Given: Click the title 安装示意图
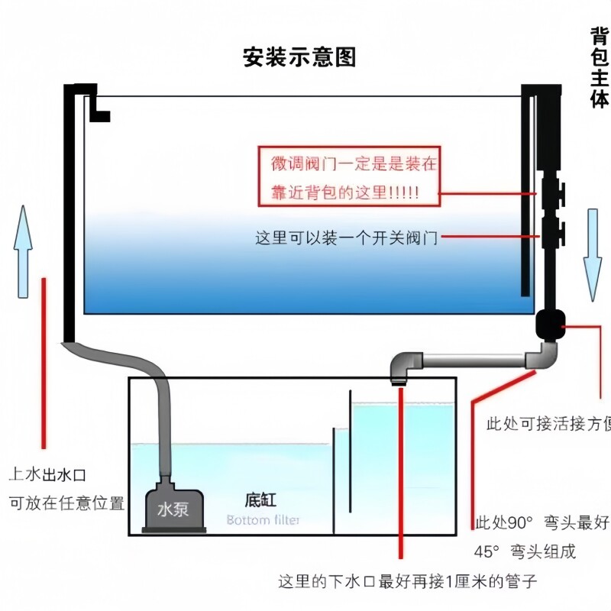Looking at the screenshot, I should click(x=299, y=57).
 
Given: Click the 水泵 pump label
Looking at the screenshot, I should click(x=173, y=509).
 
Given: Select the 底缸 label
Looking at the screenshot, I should click(x=260, y=501).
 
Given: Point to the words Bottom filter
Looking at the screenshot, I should click(x=263, y=521).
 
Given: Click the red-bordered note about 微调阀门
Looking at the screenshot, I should click(x=350, y=177).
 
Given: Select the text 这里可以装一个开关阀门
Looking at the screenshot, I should click(x=346, y=238).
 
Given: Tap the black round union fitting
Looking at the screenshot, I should click(x=550, y=324).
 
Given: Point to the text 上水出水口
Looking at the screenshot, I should click(x=47, y=475).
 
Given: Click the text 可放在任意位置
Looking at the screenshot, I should click(x=66, y=503).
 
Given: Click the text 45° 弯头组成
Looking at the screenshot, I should click(x=525, y=551).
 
